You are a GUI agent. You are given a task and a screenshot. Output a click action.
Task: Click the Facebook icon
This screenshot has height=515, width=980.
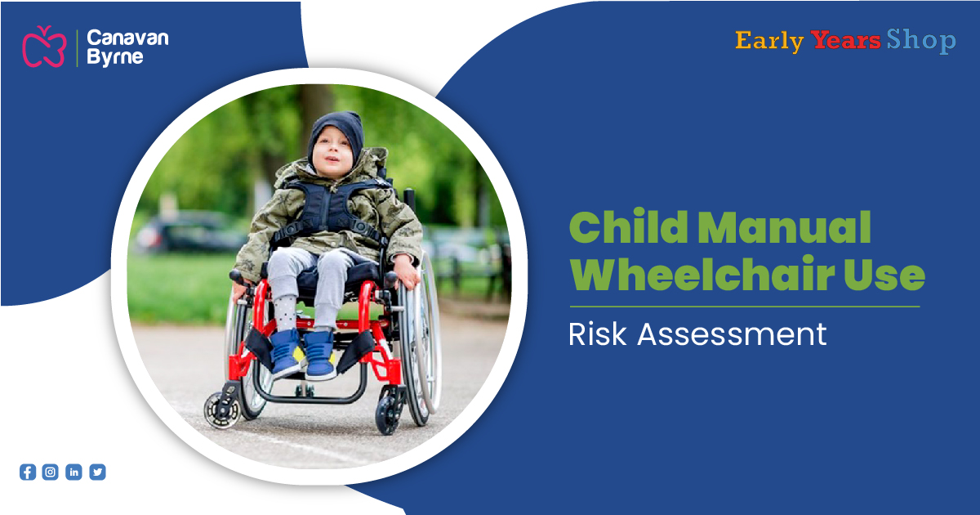pyautogui.click(x=28, y=472)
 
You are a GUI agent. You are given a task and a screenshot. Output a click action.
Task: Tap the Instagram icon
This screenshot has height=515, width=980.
pyautogui.click(x=51, y=472)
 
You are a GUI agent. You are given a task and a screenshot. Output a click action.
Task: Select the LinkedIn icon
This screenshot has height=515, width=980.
pyautogui.click(x=73, y=472)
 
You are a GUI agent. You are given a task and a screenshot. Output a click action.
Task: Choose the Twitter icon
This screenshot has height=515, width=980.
pyautogui.click(x=97, y=472)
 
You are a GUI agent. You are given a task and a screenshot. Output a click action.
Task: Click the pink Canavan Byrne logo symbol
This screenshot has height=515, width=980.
pyautogui.click(x=43, y=47)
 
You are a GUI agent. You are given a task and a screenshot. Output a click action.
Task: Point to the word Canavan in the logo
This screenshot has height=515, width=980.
pyautogui.click(x=127, y=38)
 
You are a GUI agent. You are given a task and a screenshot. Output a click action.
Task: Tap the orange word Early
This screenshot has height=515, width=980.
pyautogui.click(x=768, y=41)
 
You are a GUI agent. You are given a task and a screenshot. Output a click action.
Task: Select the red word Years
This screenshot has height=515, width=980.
pyautogui.click(x=846, y=40)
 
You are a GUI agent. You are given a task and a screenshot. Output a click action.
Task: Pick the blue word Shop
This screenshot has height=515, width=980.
pyautogui.click(x=921, y=41)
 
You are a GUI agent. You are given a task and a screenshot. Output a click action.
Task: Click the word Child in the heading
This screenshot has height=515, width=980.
pyautogui.click(x=626, y=229)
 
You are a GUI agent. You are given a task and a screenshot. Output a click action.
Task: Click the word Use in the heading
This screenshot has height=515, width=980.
pyautogui.click(x=887, y=276)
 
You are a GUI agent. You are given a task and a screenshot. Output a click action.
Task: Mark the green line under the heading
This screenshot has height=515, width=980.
pyautogui.click(x=744, y=307)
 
